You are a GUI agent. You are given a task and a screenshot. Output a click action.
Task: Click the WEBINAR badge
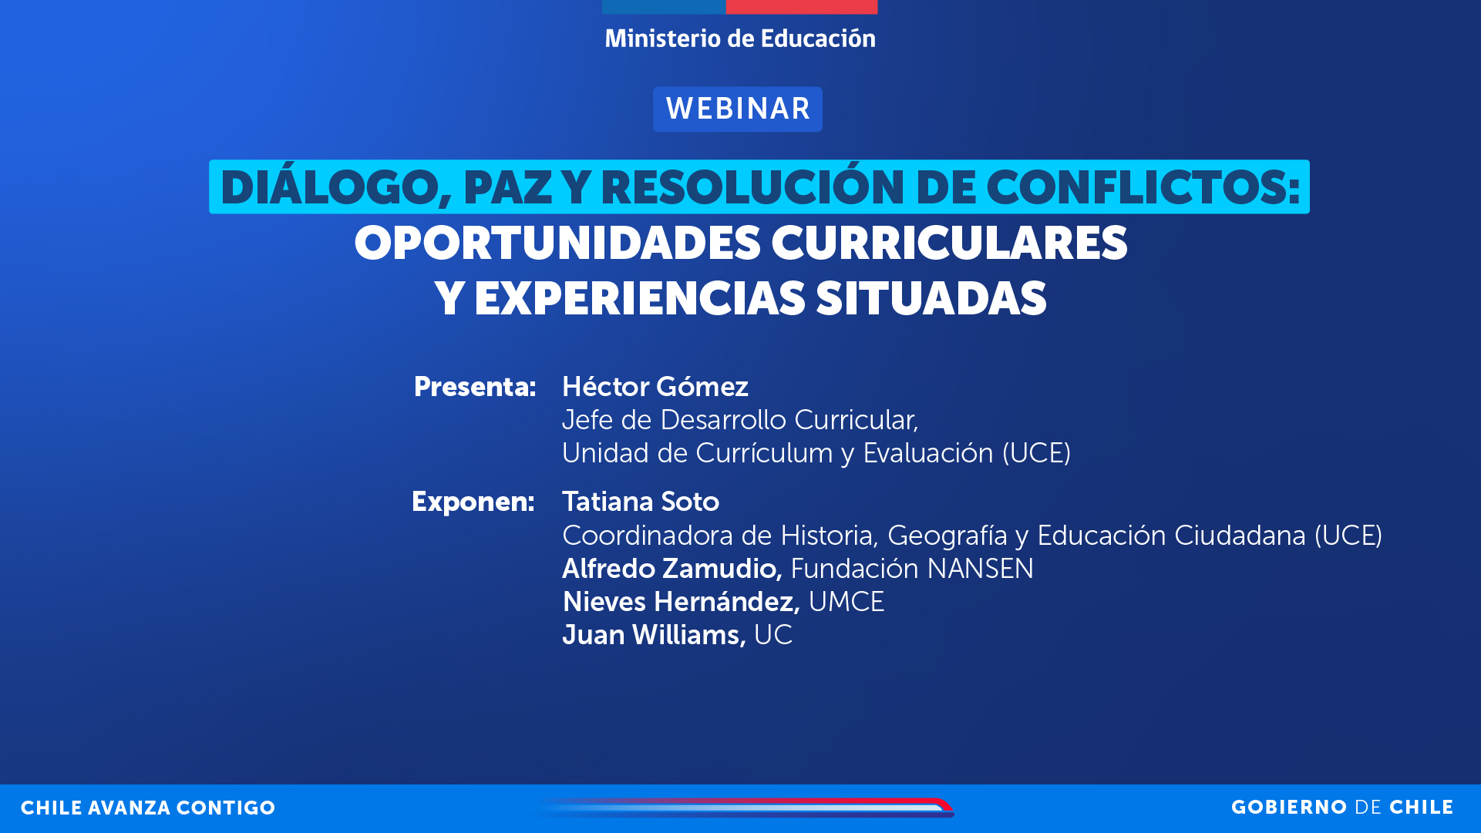click(738, 109)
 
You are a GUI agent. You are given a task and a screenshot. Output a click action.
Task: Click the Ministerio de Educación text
click(739, 39)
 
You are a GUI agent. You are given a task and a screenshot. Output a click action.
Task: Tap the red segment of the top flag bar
click(801, 6)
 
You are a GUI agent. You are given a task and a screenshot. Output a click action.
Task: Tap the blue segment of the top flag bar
click(663, 6)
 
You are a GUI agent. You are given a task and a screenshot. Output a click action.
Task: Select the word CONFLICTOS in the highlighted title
click(1141, 188)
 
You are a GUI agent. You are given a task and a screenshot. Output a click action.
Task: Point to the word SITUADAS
click(931, 299)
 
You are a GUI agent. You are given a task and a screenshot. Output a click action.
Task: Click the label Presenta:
click(474, 387)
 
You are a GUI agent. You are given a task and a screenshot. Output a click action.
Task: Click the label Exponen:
click(473, 502)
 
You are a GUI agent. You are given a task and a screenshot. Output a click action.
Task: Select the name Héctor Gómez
click(655, 387)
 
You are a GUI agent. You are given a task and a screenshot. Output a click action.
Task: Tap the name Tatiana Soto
click(640, 502)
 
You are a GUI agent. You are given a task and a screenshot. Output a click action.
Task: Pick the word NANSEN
click(980, 569)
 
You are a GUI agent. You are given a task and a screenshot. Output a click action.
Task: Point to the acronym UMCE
click(846, 602)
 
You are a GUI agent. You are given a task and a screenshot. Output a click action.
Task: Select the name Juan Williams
click(653, 635)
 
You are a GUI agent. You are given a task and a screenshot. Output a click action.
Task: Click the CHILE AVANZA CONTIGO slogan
click(148, 808)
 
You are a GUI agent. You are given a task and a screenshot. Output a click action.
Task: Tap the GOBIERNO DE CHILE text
click(1341, 808)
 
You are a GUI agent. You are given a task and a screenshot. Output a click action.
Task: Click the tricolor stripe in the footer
click(748, 807)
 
